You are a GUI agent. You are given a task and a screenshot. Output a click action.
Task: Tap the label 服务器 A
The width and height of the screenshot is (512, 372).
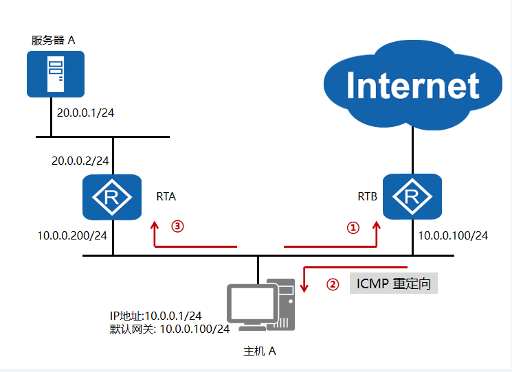53,39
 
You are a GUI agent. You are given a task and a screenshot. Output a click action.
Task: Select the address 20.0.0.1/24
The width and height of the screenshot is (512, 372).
85,111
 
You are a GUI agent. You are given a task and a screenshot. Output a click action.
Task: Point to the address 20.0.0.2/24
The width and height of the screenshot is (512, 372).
81,161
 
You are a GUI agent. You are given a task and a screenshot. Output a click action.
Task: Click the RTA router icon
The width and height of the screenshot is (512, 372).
112,198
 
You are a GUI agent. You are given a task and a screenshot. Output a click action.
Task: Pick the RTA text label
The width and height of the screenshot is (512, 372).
166,196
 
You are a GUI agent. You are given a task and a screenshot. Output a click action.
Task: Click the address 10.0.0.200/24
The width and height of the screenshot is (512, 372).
71,235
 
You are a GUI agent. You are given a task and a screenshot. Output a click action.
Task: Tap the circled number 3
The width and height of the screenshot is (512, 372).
178,226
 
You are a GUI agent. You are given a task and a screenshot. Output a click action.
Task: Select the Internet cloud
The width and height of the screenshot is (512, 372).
412,85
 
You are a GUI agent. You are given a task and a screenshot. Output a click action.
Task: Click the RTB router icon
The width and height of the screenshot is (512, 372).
412,198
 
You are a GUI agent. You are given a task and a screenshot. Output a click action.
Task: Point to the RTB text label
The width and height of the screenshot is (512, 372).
367,196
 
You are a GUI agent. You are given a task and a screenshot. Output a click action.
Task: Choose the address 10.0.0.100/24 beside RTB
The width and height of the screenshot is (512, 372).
453,235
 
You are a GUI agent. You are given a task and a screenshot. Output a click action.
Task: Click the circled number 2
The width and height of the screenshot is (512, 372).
333,284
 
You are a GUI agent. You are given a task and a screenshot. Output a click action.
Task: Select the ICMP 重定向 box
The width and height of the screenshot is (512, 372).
394,283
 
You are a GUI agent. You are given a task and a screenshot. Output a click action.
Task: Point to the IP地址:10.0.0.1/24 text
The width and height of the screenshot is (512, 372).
156,316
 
